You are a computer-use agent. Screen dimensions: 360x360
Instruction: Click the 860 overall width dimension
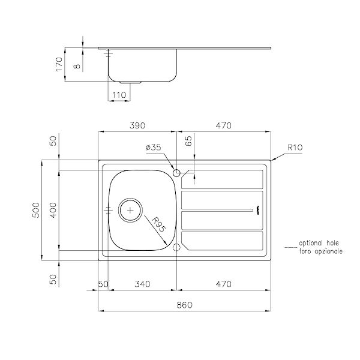[184, 305]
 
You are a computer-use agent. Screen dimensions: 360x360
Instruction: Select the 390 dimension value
[138, 125]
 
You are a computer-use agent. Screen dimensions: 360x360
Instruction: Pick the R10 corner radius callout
[295, 146]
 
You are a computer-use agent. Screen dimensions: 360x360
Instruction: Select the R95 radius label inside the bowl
[158, 225]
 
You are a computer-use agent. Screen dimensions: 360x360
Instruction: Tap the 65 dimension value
[188, 142]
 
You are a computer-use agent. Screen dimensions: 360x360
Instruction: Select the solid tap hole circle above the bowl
[176, 173]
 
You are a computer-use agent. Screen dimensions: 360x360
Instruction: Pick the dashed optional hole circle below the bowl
[176, 248]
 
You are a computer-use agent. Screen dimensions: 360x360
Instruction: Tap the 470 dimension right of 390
[224, 125]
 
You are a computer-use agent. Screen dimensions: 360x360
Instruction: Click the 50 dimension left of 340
[103, 284]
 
